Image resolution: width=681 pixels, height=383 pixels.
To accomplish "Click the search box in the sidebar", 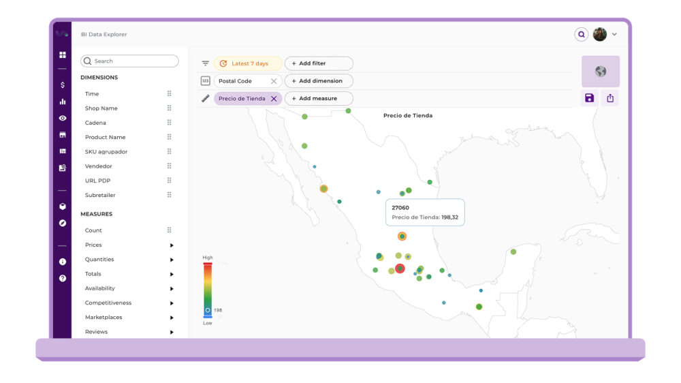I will [129, 61].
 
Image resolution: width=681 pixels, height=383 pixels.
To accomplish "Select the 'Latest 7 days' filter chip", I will [249, 63].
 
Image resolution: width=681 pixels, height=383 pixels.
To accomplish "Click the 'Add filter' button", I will [319, 63].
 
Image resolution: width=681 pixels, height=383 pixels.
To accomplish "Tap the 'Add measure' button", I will [319, 99].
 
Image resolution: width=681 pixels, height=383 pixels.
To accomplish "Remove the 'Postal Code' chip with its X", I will [274, 81].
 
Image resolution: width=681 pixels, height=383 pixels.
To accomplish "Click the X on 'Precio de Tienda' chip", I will [274, 99].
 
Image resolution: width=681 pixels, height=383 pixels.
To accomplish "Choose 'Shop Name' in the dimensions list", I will [101, 108].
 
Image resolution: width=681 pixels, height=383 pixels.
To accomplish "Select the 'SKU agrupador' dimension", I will [106, 152].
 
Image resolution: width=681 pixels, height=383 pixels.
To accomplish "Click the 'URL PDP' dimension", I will [97, 181].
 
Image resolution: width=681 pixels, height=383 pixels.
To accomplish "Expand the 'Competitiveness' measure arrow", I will [172, 303].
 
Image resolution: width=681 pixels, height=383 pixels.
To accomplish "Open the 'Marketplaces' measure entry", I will [104, 318].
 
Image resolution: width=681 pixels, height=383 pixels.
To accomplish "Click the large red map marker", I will [400, 269].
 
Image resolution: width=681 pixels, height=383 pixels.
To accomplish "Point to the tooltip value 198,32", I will [449, 218].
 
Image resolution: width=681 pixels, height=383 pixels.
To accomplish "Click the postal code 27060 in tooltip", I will [400, 207].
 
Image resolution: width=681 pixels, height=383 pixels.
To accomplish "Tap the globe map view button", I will [600, 72].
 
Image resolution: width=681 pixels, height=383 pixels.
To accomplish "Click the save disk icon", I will [590, 98].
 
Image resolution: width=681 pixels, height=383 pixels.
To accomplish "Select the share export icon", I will [610, 98].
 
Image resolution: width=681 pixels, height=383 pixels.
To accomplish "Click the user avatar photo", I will [600, 34].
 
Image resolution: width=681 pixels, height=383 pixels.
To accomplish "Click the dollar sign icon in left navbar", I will [63, 85].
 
